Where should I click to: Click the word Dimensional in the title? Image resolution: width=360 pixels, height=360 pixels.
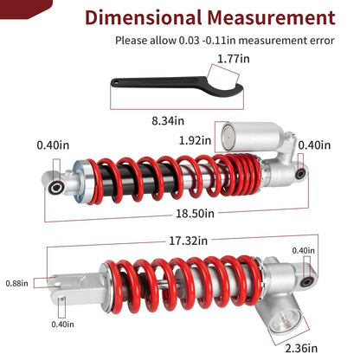click(144, 17)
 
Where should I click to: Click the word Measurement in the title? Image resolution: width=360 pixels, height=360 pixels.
click(271, 17)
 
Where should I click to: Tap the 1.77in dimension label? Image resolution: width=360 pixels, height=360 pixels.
click(234, 59)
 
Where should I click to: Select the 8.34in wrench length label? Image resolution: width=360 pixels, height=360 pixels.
click(168, 120)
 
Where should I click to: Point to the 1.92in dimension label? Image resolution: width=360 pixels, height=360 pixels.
click(196, 140)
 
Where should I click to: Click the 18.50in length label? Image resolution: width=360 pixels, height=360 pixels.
click(196, 214)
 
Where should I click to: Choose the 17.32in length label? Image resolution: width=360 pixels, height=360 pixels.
click(188, 241)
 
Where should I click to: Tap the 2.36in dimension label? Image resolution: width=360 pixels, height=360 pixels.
click(301, 348)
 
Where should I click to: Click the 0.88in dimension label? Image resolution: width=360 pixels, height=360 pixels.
click(17, 283)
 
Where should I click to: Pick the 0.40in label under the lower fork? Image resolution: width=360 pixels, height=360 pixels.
click(62, 325)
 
